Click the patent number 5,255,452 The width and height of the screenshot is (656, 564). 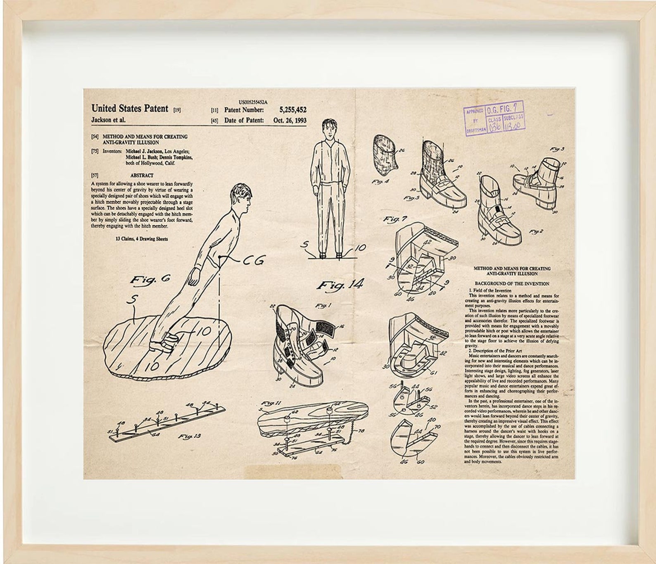click(292, 110)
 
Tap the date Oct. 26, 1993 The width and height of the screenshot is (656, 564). click(290, 120)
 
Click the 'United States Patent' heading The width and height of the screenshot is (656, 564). click(130, 109)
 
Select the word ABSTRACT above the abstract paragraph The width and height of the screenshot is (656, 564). click(142, 175)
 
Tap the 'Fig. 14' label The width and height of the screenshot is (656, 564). click(341, 284)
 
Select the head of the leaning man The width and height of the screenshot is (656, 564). click(241, 197)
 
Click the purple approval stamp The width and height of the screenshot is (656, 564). click(494, 117)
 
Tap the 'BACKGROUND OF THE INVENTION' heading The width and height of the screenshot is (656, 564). click(512, 284)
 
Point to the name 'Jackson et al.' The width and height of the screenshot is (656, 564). click(108, 120)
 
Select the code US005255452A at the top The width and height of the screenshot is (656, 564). click(253, 102)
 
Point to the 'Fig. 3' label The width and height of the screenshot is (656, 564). click(557, 149)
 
